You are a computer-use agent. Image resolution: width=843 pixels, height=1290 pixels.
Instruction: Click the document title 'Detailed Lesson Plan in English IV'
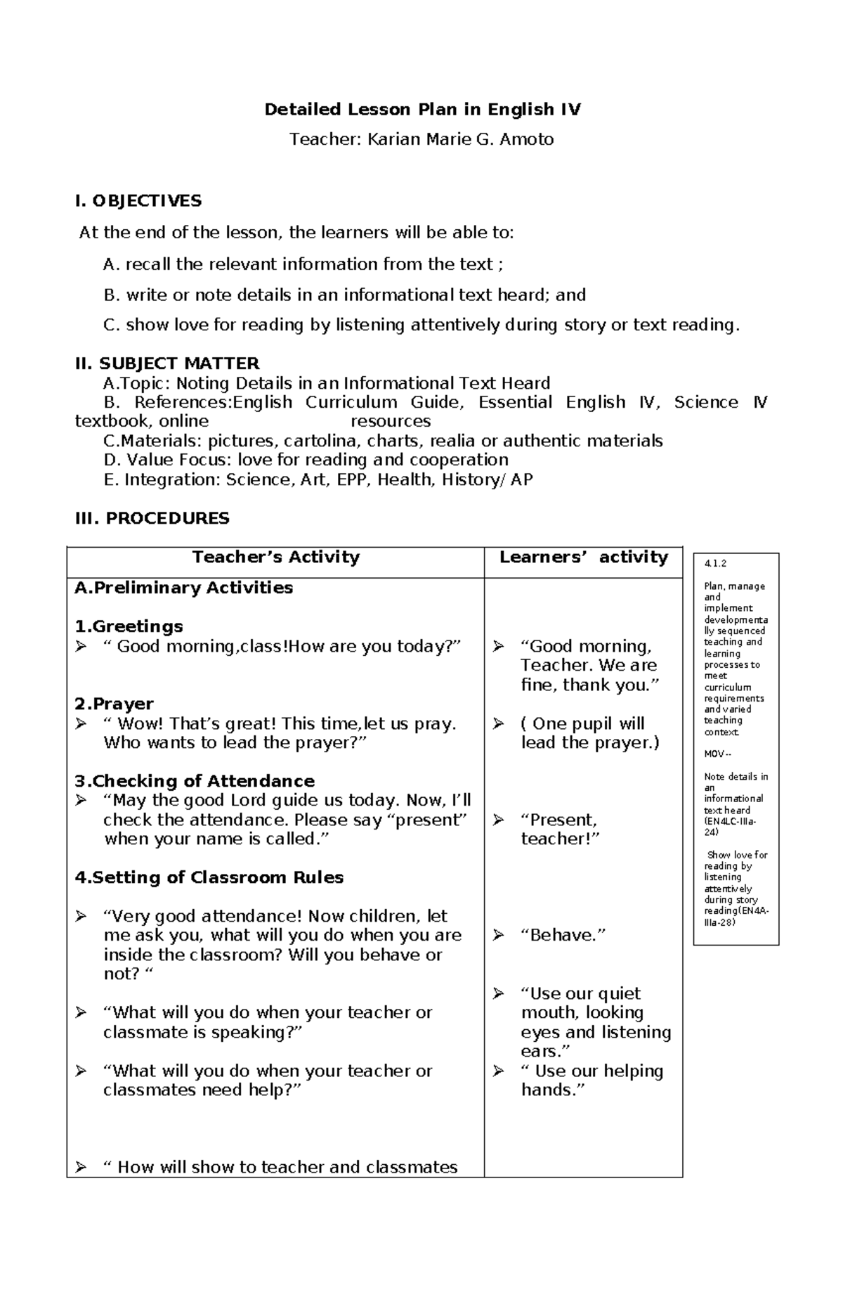pyautogui.click(x=422, y=110)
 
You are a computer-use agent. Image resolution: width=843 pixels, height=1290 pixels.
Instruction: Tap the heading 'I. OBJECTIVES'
pyautogui.click(x=138, y=201)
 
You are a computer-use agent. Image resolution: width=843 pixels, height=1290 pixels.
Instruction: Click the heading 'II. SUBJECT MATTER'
pyautogui.click(x=167, y=363)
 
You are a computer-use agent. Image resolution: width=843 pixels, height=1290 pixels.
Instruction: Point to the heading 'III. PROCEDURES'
pyautogui.click(x=152, y=519)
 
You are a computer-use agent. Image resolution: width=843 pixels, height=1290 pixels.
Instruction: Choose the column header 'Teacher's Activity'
pyautogui.click(x=275, y=557)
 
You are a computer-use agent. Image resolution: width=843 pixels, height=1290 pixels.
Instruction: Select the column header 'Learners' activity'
pyautogui.click(x=583, y=557)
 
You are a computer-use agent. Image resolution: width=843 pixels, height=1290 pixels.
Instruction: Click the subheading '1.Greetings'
pyautogui.click(x=129, y=626)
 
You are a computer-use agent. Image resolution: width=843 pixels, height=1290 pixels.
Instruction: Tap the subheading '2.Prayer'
pyautogui.click(x=114, y=704)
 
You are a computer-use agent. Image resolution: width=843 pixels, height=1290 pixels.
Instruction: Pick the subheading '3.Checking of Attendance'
pyautogui.click(x=195, y=781)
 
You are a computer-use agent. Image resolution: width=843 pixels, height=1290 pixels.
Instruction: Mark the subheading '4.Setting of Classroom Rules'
pyautogui.click(x=209, y=877)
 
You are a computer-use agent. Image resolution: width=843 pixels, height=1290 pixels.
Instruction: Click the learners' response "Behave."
pyautogui.click(x=563, y=936)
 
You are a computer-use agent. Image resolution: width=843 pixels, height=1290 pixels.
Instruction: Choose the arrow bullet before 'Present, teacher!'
pyautogui.click(x=498, y=820)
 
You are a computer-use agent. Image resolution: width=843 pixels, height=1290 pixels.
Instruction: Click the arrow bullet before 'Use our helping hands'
pyautogui.click(x=498, y=1071)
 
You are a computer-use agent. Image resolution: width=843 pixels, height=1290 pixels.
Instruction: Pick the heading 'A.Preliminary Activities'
pyautogui.click(x=183, y=588)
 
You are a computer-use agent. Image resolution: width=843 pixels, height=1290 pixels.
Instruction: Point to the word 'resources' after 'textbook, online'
pyautogui.click(x=391, y=422)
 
